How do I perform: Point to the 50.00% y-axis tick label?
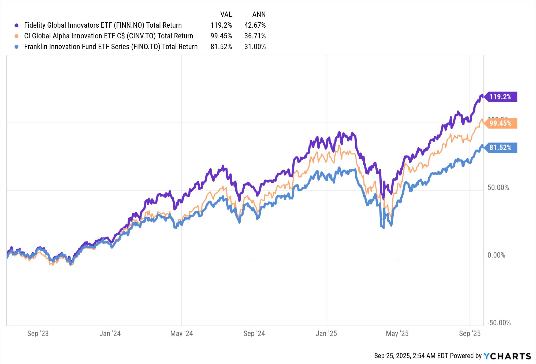pos(498,188)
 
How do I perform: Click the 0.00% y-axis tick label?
pos(496,255)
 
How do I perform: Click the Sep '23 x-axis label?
pos(38,334)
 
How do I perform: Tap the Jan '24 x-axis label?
pos(110,334)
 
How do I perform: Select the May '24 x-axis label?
pos(181,334)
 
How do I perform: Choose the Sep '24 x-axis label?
pos(254,334)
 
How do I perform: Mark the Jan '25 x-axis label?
pos(326,334)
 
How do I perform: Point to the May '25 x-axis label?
pos(397,334)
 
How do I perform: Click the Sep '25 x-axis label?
pos(470,334)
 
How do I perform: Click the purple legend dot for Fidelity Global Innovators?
pos(17,26)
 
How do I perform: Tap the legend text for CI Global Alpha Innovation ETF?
pos(109,36)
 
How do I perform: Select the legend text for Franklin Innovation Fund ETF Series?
pos(111,47)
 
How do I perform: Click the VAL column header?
pos(226,14)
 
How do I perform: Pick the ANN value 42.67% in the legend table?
pos(255,25)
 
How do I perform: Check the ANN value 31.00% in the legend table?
pos(255,47)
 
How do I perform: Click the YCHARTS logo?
pos(507,356)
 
